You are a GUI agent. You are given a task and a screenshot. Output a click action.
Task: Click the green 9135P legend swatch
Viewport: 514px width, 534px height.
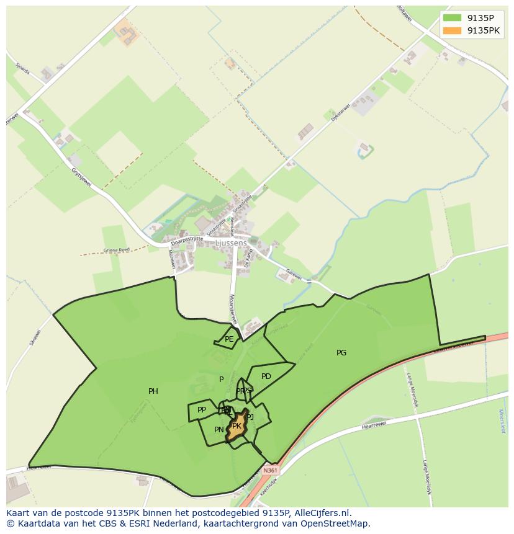pyautogui.click(x=453, y=17)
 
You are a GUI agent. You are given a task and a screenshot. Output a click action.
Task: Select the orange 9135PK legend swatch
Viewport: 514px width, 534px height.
pyautogui.click(x=453, y=30)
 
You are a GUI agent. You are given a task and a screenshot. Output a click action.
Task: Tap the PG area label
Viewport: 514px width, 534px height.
pyautogui.click(x=341, y=353)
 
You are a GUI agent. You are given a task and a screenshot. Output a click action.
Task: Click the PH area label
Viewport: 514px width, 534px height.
pyautogui.click(x=153, y=391)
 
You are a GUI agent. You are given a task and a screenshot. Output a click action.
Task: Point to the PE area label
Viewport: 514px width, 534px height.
pyautogui.click(x=229, y=339)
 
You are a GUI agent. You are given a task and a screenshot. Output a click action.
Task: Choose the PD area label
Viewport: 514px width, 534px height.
pyautogui.click(x=266, y=376)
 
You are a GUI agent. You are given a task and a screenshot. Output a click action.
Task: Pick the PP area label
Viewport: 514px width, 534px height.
pyautogui.click(x=202, y=410)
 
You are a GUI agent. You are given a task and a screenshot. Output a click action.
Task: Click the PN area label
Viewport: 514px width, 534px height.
pyautogui.click(x=219, y=430)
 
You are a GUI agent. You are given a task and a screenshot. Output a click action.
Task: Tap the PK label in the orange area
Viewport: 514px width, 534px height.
pyautogui.click(x=237, y=426)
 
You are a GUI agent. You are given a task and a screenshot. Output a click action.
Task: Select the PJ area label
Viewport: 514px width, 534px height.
pyautogui.click(x=250, y=417)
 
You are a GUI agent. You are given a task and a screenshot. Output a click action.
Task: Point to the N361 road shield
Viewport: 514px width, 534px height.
pyautogui.click(x=270, y=471)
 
